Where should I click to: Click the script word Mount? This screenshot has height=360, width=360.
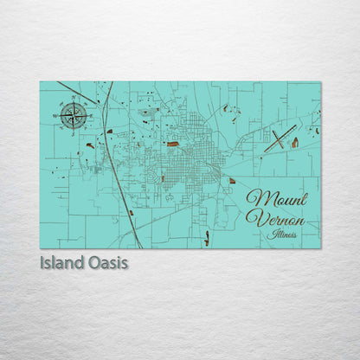277,197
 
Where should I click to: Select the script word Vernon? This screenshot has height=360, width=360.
274,217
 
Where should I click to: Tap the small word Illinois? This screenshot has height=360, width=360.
282,234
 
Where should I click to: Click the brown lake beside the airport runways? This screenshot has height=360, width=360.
294,142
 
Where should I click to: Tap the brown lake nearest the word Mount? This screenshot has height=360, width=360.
232,180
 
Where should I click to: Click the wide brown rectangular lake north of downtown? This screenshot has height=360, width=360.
172,144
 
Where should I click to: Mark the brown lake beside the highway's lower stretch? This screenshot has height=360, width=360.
131,213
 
